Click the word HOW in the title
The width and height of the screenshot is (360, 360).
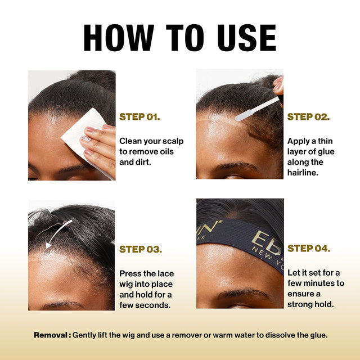pyautogui.click(x=119, y=38)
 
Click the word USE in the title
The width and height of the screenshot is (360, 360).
pyautogui.click(x=247, y=38)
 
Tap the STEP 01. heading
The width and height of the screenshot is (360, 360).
pyautogui.click(x=139, y=117)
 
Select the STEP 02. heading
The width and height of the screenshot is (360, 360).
pyautogui.click(x=308, y=117)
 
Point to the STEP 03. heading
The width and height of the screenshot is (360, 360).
pyautogui.click(x=141, y=249)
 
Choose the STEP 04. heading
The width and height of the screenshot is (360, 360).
pyautogui.click(x=309, y=248)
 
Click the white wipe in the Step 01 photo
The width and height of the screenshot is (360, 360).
pyautogui.click(x=83, y=136)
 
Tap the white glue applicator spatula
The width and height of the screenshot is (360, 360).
pyautogui.click(x=257, y=109)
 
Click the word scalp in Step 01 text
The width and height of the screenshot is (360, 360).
pyautogui.click(x=173, y=141)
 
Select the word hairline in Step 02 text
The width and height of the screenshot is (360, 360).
pyautogui.click(x=303, y=173)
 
